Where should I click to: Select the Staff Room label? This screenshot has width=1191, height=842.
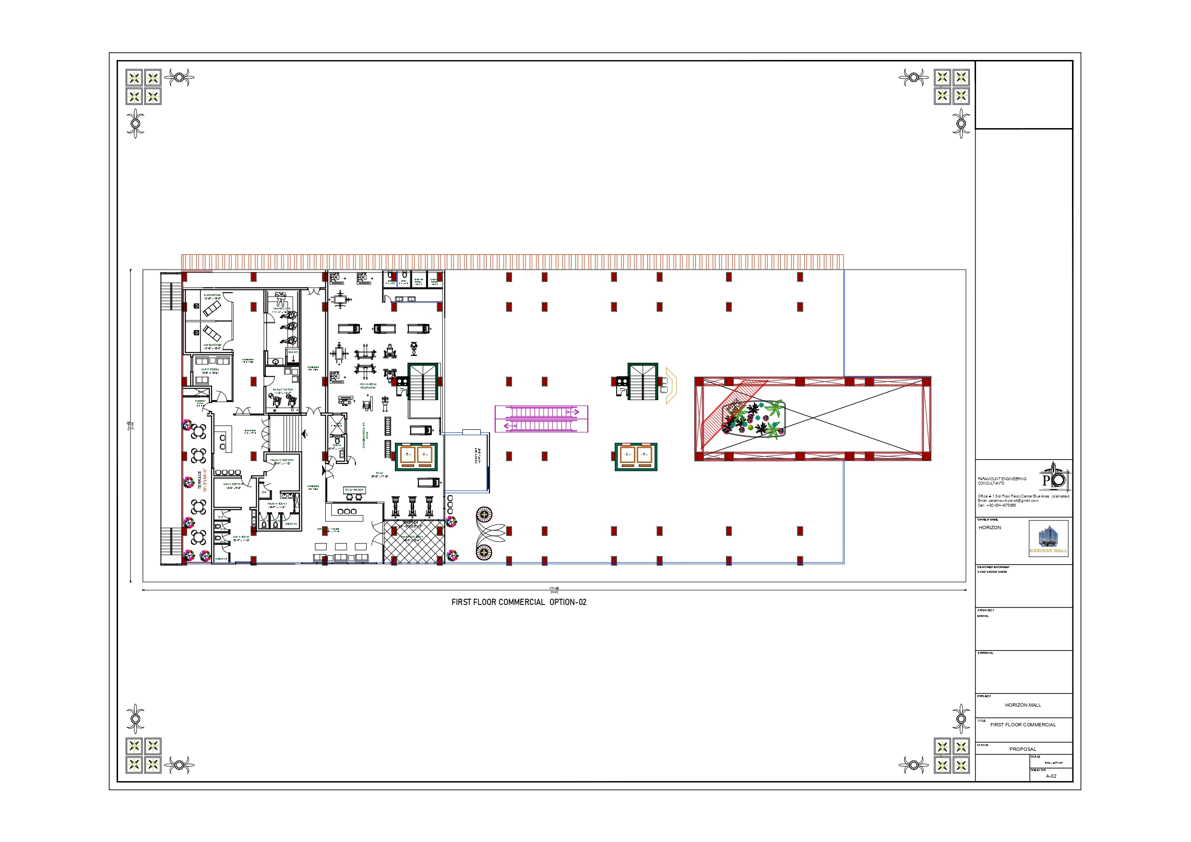tap(210, 371)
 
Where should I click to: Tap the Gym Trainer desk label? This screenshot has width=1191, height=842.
tap(355, 490)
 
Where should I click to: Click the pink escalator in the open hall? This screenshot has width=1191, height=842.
tap(541, 419)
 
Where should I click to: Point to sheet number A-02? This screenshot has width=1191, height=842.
tap(1051, 776)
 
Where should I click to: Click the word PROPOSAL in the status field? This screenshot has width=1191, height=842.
tap(1023, 749)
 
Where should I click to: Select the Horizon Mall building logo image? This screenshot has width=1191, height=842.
tap(1048, 538)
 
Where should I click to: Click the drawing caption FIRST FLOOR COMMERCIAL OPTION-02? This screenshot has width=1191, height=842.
tap(519, 602)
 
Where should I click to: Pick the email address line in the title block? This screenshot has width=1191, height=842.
tap(1008, 500)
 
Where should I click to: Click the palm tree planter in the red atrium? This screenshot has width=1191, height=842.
tap(755, 419)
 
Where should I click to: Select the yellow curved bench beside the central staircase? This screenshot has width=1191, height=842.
tap(672, 385)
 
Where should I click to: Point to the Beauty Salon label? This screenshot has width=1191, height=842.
tap(283, 391)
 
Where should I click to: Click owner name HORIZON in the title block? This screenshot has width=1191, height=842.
tap(990, 528)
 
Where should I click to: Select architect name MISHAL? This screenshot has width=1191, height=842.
tap(983, 616)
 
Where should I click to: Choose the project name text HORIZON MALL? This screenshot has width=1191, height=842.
tap(1023, 705)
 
